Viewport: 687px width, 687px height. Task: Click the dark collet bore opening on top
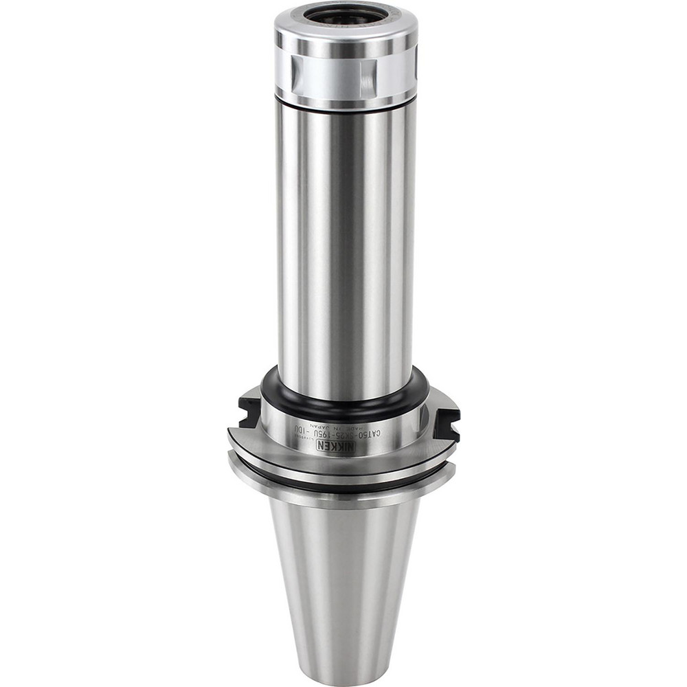click(x=346, y=15)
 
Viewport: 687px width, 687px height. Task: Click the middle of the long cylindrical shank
click(x=346, y=240)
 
